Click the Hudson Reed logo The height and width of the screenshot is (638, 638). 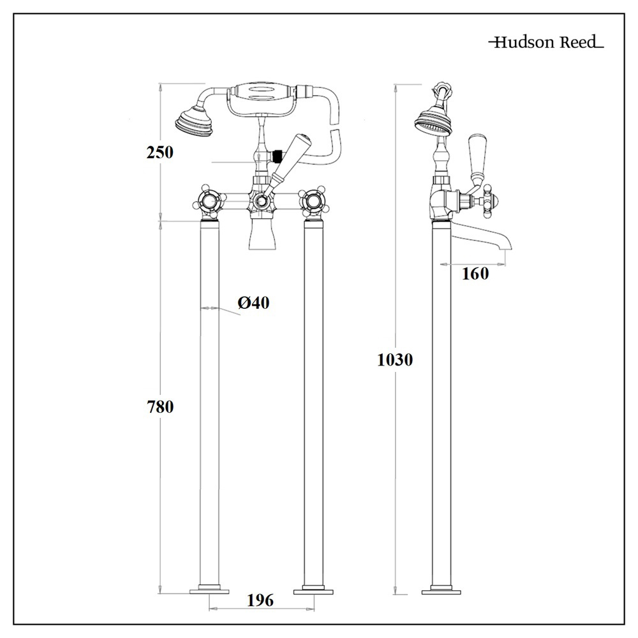click(x=545, y=43)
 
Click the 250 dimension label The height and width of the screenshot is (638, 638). click(x=159, y=152)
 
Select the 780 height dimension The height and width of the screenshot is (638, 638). click(x=160, y=406)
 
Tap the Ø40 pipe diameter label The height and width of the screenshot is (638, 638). click(x=253, y=303)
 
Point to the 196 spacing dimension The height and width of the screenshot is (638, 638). click(x=260, y=600)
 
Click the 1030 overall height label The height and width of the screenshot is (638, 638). click(x=395, y=360)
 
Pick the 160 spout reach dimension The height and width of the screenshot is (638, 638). click(x=475, y=274)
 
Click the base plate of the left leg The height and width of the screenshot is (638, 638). click(x=209, y=590)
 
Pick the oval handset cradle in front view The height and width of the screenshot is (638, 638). click(x=262, y=97)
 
